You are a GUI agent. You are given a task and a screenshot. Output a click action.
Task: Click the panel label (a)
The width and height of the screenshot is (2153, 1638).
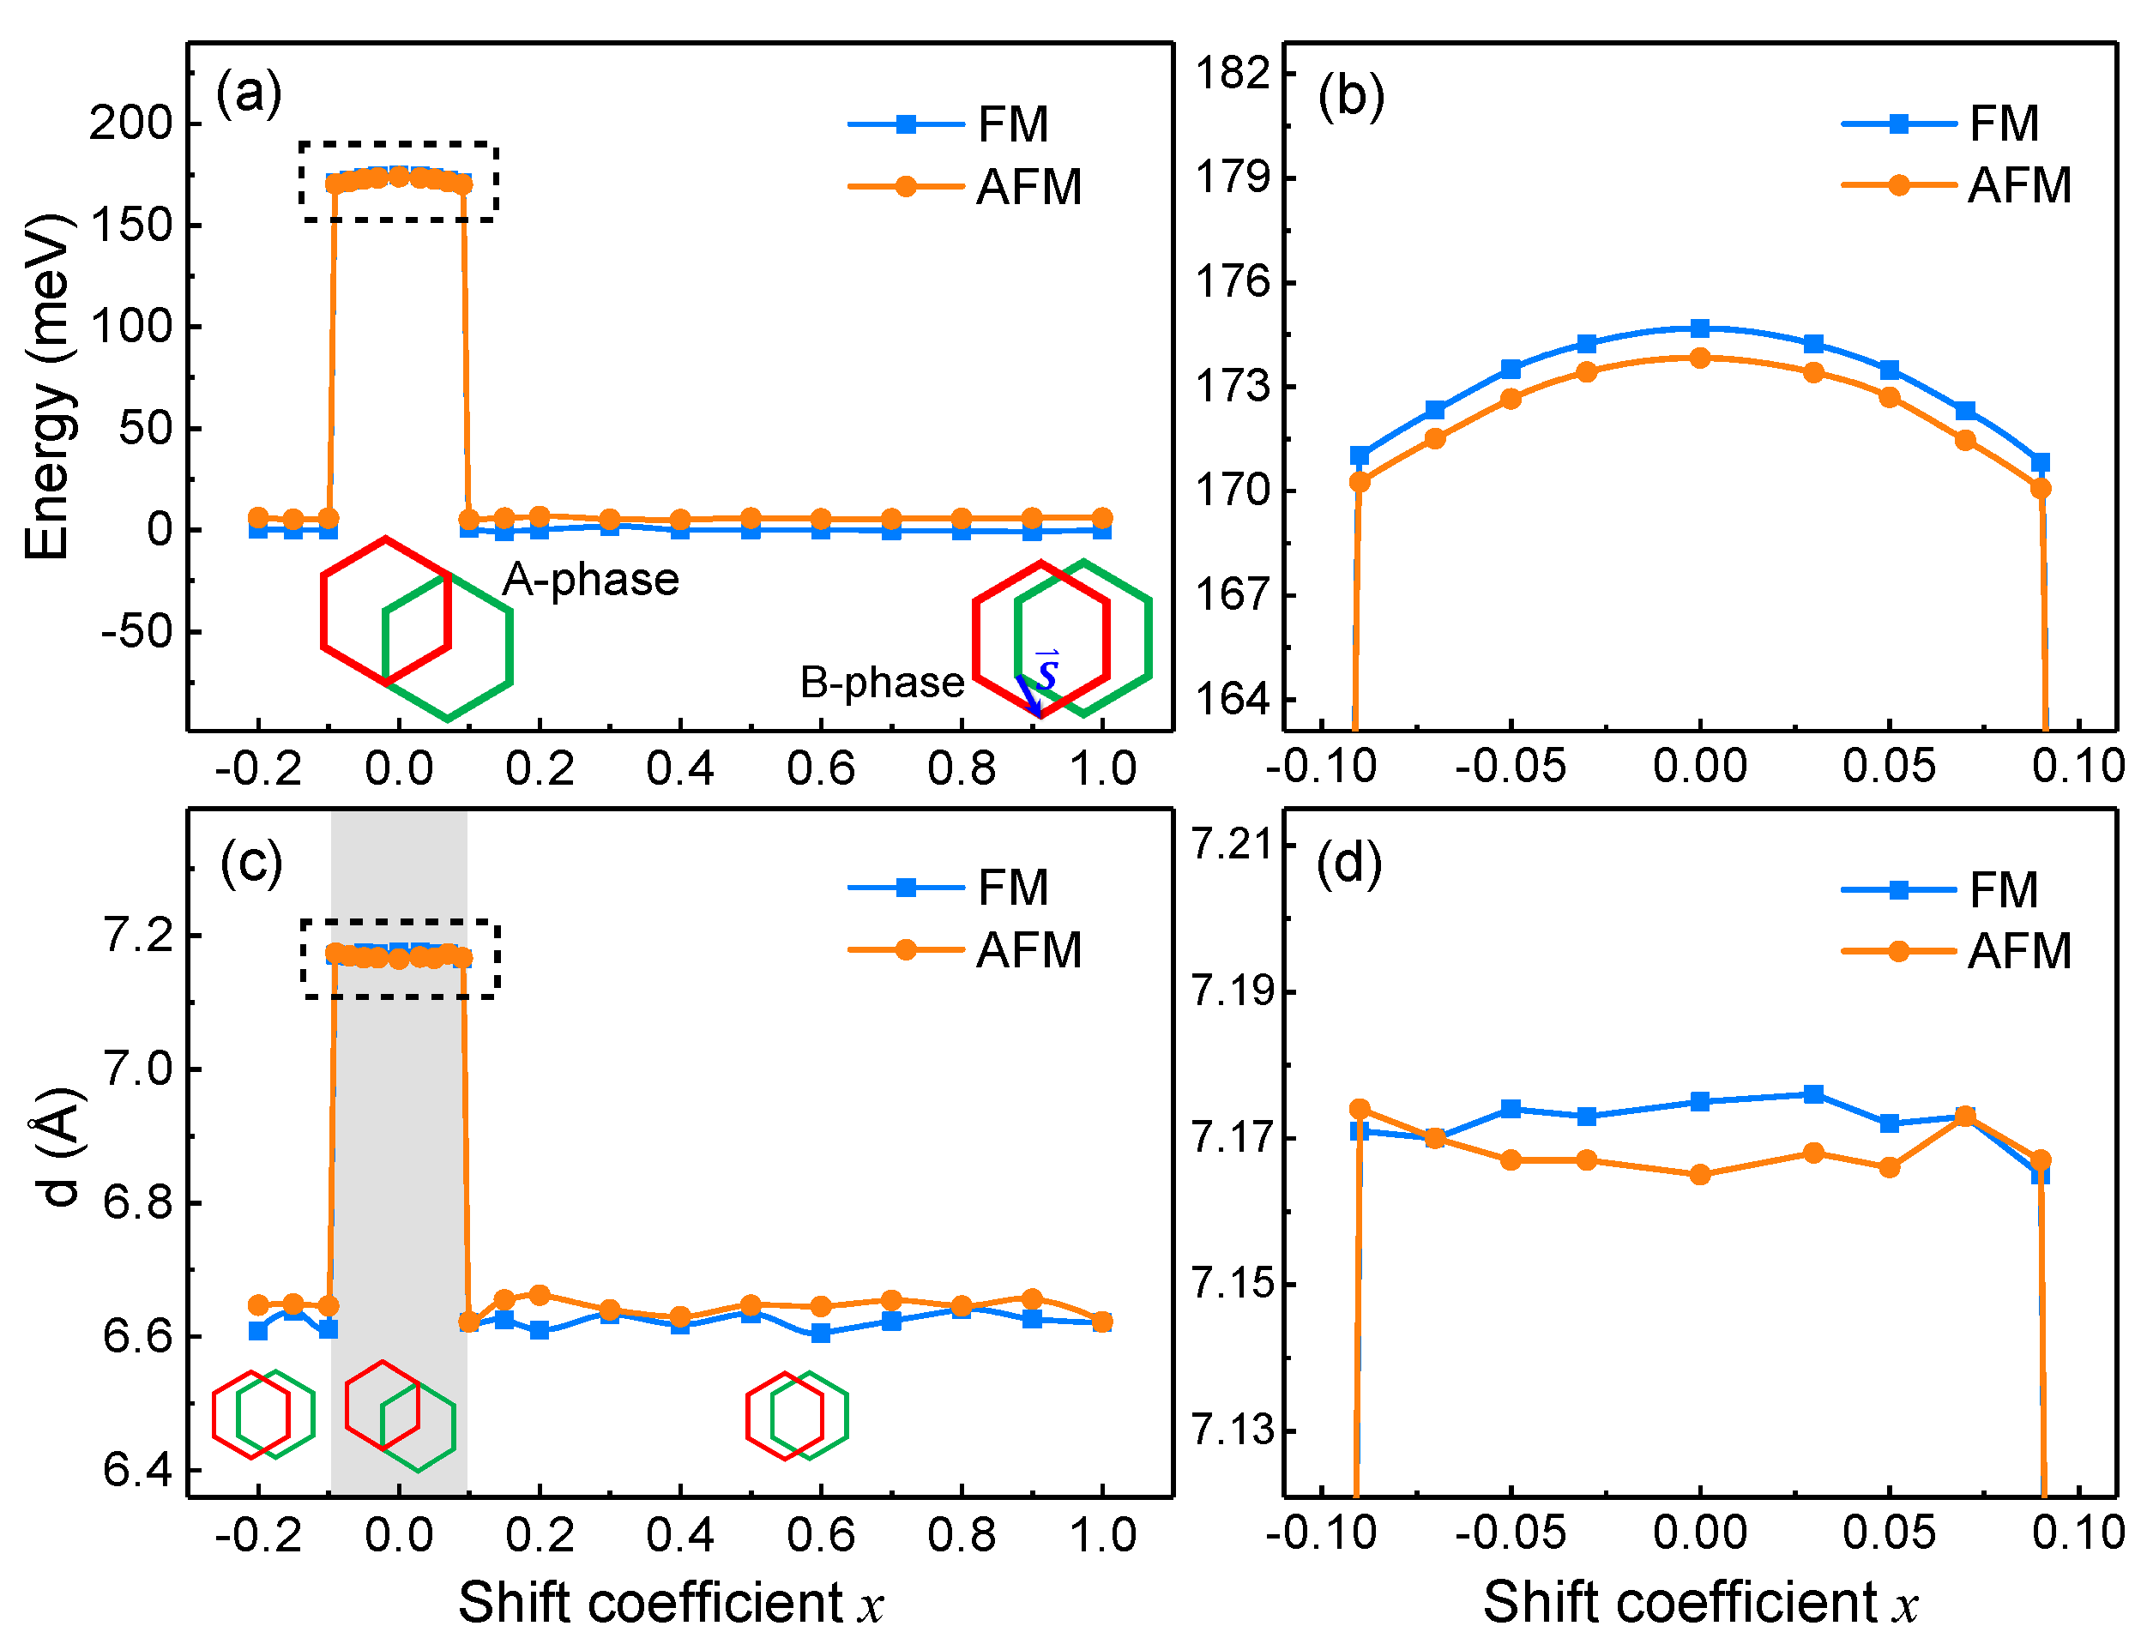tap(249, 93)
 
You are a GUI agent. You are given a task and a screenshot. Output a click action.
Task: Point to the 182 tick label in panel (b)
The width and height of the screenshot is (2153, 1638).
tap(1233, 73)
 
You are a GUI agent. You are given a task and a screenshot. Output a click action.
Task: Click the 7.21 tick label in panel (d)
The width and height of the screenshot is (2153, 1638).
tap(1232, 845)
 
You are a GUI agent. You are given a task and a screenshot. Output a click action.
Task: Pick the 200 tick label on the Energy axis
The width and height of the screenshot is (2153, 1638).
tap(130, 123)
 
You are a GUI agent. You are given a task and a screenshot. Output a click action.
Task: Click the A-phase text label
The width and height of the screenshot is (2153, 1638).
tap(590, 580)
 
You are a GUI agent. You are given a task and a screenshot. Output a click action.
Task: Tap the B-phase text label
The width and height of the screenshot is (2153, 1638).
tap(882, 683)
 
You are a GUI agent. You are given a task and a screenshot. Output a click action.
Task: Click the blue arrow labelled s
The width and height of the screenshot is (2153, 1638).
tap(1029, 694)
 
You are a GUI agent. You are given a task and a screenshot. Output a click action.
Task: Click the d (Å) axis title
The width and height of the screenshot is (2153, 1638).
tap(58, 1147)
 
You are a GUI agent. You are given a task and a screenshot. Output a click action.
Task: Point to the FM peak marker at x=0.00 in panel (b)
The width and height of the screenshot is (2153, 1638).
tap(1699, 328)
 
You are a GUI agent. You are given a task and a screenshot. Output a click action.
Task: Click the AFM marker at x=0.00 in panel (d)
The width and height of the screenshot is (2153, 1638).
tap(1699, 1175)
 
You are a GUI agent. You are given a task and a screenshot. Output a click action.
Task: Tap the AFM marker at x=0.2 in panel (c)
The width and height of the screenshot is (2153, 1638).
tap(540, 1295)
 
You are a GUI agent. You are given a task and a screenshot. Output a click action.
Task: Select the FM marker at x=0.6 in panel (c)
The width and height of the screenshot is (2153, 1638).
tap(820, 1333)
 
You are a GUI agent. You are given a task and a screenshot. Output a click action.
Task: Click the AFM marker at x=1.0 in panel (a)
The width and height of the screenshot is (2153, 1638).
tap(1102, 518)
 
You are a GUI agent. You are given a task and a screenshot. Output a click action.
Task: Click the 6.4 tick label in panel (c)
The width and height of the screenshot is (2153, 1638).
tap(136, 1469)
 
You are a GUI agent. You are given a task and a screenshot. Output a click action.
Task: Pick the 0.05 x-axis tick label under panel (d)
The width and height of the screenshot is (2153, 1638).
tap(1889, 1533)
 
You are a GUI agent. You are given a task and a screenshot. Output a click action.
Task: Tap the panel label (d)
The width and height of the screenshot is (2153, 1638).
tap(1348, 864)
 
